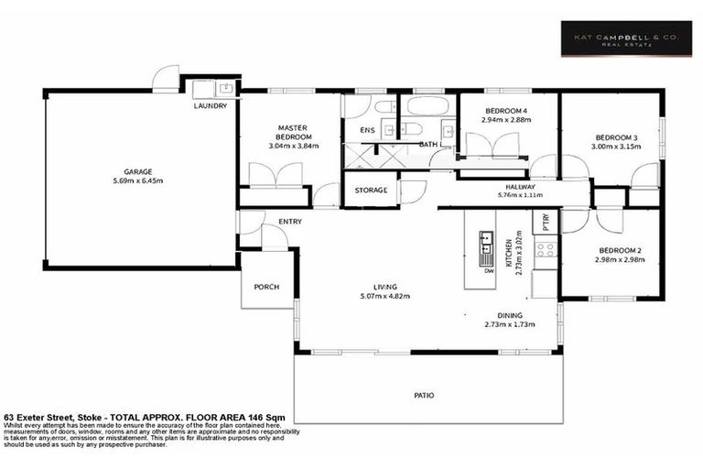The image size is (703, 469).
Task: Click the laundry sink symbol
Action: pos(223,89)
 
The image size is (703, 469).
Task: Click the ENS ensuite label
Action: pos(367,131)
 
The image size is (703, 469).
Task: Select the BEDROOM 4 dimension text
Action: pos(494,120)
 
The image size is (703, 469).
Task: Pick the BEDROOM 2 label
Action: pos(620,250)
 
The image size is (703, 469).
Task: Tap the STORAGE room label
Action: pos(371,191)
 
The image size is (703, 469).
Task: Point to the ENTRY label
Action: pos(290,221)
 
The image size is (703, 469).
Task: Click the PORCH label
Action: pos(266,287)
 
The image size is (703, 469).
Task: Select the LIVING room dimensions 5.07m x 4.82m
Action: pos(384,295)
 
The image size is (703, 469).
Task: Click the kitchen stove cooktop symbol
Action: pos(545,248)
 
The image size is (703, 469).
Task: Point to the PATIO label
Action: pos(423,396)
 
